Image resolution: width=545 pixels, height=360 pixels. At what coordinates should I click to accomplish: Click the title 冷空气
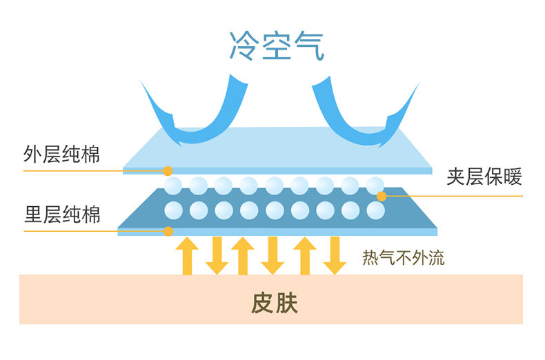(277, 46)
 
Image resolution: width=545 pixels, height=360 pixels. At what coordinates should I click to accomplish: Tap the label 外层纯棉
(61, 154)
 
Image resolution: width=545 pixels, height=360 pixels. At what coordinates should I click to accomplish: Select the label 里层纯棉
(62, 214)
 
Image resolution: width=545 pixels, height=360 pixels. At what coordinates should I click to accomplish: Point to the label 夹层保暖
(484, 177)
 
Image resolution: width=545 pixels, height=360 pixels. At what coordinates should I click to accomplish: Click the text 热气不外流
(403, 258)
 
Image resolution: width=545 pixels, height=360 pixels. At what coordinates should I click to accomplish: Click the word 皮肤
(275, 303)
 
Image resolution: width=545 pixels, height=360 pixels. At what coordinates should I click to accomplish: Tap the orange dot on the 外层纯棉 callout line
(168, 171)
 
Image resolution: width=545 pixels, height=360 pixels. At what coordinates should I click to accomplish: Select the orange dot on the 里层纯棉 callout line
(168, 231)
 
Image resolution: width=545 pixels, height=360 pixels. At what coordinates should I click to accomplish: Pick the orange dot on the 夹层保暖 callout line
(381, 197)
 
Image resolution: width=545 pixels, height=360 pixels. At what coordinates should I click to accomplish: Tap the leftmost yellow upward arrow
(187, 256)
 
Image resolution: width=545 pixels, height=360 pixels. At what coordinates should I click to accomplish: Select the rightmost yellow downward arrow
(335, 256)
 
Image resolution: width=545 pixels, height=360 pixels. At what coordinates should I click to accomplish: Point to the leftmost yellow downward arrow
(217, 256)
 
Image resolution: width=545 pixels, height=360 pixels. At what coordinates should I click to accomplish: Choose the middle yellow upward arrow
(243, 256)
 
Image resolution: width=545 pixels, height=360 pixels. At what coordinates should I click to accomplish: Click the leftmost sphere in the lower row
(173, 210)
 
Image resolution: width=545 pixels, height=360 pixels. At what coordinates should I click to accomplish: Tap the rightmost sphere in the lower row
(376, 210)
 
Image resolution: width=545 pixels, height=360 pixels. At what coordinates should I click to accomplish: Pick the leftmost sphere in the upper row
(173, 186)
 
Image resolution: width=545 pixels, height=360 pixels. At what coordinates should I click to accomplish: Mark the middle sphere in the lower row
(275, 210)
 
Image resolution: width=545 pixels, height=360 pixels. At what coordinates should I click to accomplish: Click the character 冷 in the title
(244, 46)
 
